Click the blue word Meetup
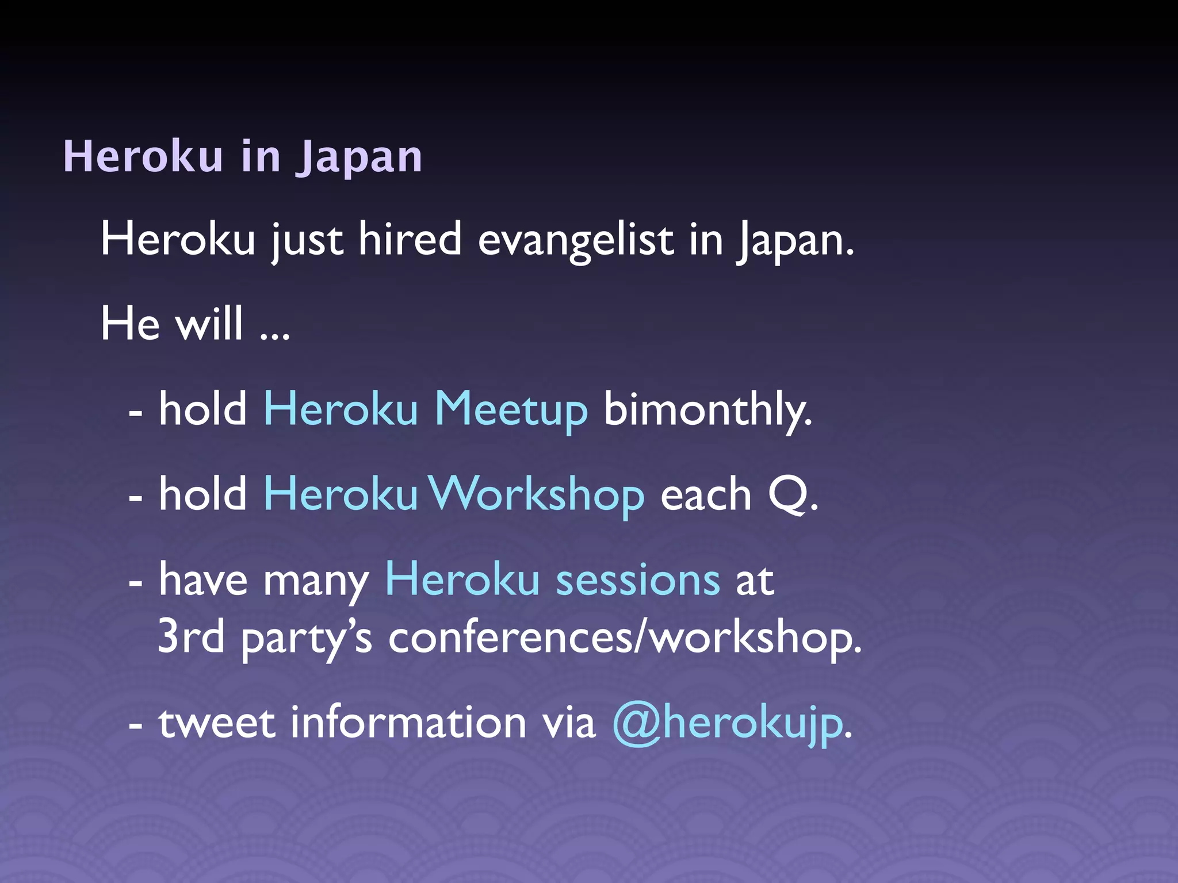511,410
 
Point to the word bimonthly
707,410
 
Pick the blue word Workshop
537,495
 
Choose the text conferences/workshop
625,638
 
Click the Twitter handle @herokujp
728,723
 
